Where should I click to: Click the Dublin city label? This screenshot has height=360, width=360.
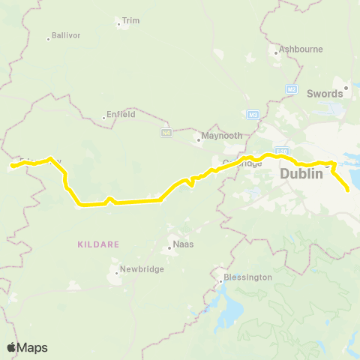[x=301, y=173]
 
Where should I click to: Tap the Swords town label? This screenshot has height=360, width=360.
[x=325, y=94]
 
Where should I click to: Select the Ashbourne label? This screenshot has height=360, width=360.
[x=301, y=49]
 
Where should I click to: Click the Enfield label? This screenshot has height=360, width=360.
[x=121, y=115]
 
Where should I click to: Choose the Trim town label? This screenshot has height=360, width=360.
[x=131, y=21]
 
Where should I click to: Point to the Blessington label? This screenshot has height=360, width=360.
[x=247, y=277]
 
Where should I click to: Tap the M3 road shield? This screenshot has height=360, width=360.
[x=253, y=115]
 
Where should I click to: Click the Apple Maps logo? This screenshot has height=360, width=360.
[x=27, y=347]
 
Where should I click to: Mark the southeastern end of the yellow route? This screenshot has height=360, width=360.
[x=348, y=190]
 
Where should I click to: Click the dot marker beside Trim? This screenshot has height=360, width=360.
[x=119, y=25]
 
